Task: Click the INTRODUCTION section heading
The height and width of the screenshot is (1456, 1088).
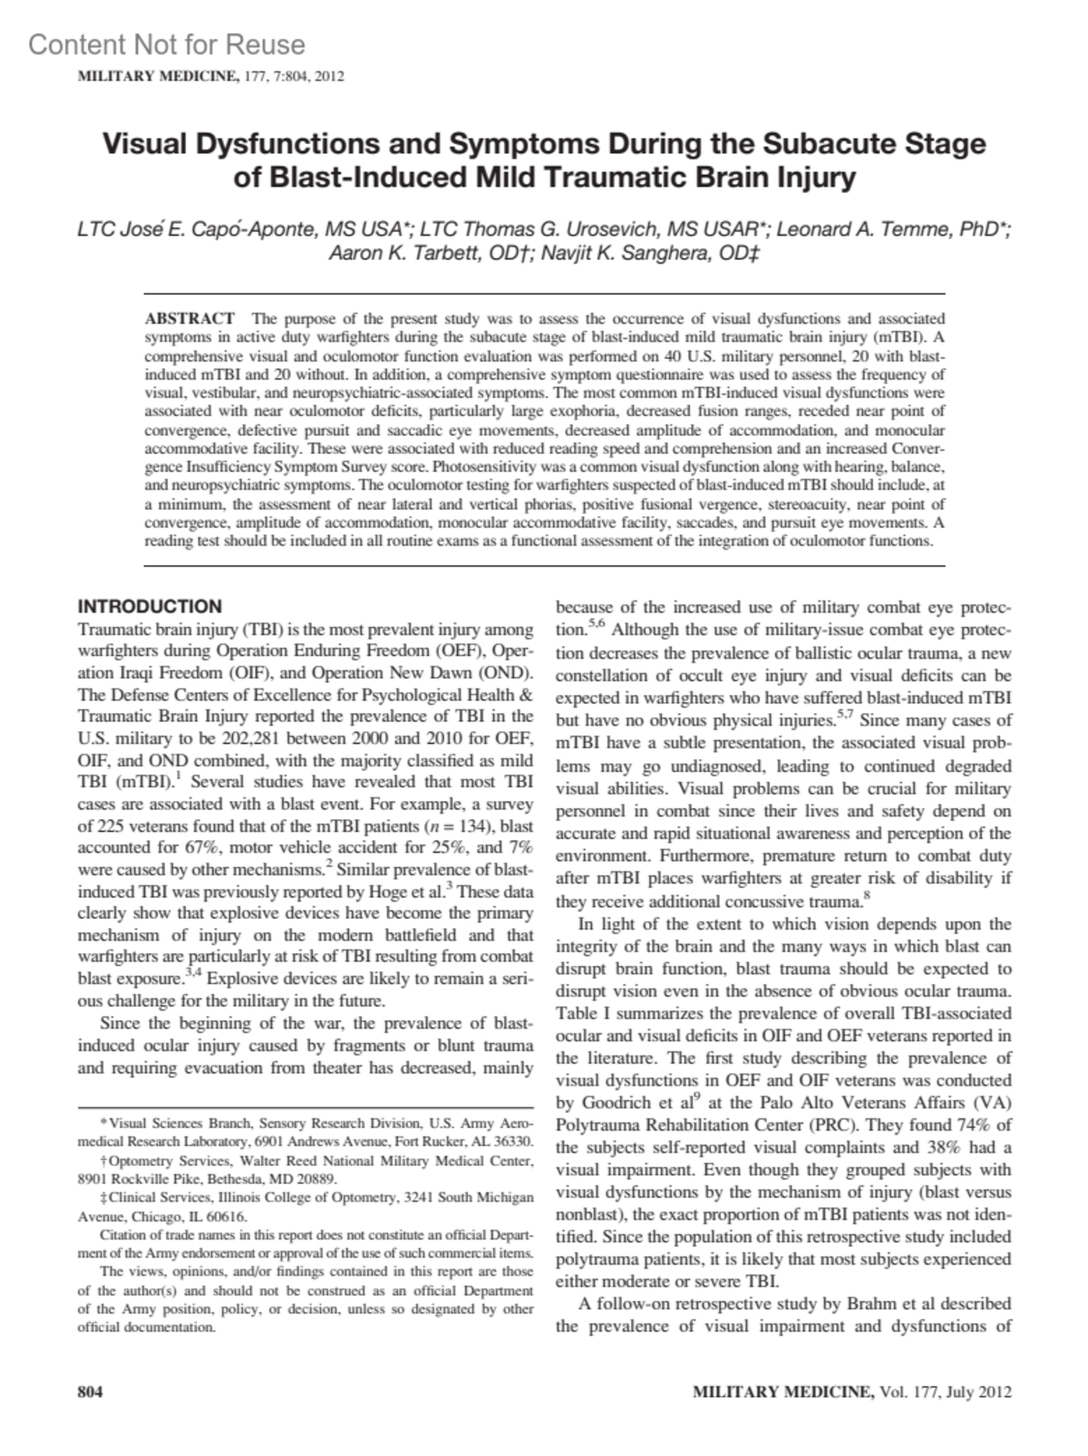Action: (150, 606)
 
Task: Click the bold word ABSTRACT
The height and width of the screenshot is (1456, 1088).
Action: (190, 318)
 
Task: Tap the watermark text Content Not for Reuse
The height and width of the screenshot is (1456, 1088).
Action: (167, 44)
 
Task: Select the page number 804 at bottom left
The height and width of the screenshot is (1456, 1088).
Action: (91, 1392)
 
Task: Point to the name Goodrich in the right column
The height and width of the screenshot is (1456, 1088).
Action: (612, 1103)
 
